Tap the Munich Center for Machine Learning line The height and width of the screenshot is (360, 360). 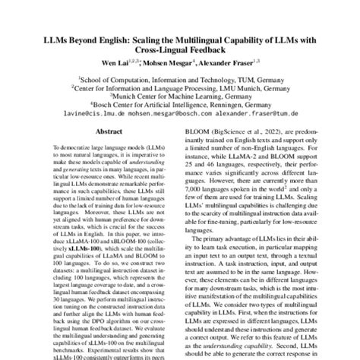(x=179, y=99)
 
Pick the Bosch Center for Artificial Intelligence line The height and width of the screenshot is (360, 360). (x=179, y=108)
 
